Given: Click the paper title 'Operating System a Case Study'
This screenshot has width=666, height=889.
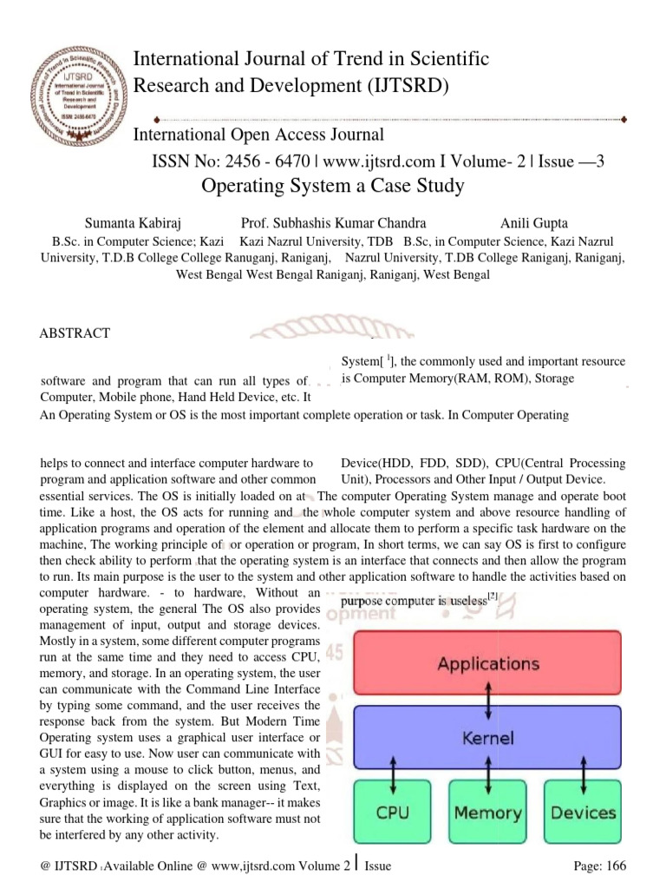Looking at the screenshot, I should (332, 186).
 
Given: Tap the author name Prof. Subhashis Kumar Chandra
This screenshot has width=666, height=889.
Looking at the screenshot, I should (333, 223).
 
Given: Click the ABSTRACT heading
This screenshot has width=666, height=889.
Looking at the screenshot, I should (75, 333).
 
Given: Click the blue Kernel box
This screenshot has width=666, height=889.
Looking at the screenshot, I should (486, 738).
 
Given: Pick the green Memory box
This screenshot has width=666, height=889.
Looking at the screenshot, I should (488, 813).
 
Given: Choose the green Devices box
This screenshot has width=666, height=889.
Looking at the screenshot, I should (583, 813).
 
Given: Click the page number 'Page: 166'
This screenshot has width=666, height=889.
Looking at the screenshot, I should (594, 866).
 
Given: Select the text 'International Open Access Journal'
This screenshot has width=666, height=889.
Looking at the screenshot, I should (258, 135).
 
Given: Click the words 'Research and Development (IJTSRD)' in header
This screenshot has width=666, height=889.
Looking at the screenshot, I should (288, 85).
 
